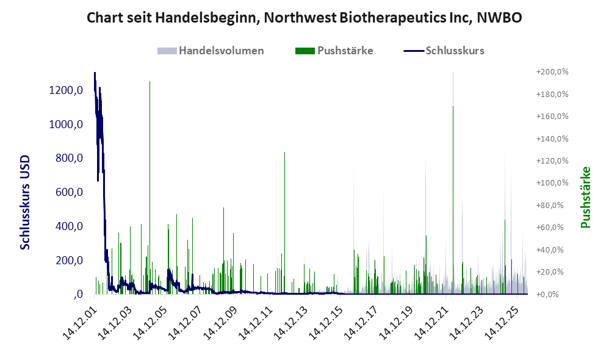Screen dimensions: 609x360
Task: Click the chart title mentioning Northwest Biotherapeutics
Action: pyautogui.click(x=304, y=18)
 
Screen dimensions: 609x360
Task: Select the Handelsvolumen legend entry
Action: pyautogui.click(x=211, y=51)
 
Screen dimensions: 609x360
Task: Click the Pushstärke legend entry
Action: pyautogui.click(x=334, y=51)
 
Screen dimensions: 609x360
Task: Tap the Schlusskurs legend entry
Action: pyautogui.click(x=444, y=51)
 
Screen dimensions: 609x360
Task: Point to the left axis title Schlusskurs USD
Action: pyautogui.click(x=25, y=203)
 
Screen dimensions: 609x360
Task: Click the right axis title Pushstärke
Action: pyautogui.click(x=585, y=197)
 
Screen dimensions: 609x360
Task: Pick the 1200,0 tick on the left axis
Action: pyautogui.click(x=66, y=90)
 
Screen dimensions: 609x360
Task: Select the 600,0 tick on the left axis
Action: pyautogui.click(x=69, y=192)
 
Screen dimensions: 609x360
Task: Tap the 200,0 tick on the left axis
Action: pyautogui.click(x=69, y=260)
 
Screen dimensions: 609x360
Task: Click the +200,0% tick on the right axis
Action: pyautogui.click(x=552, y=72)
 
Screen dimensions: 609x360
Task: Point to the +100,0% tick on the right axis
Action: pyautogui.click(x=552, y=183)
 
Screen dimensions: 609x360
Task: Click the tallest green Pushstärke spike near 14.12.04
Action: pyautogui.click(x=150, y=187)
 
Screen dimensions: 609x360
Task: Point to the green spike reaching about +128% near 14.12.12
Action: pyautogui.click(x=285, y=223)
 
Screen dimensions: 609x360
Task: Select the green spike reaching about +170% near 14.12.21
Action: pyautogui.click(x=453, y=200)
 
